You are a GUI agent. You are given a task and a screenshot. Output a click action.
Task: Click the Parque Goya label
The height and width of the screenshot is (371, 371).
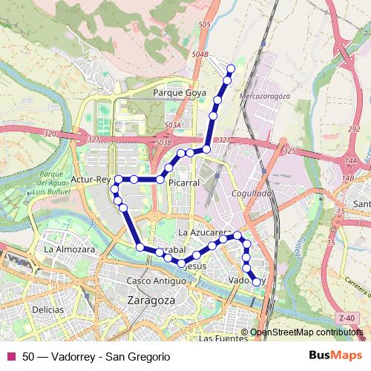(x=176, y=93)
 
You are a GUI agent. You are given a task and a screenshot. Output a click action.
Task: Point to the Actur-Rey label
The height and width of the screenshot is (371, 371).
(x=91, y=180)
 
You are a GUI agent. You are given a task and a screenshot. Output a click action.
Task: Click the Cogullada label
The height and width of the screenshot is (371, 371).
(x=254, y=193)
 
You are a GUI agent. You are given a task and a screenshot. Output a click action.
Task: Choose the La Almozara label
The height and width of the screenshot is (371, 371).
(x=69, y=250)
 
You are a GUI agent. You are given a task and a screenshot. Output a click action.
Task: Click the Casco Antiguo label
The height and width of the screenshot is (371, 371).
(x=156, y=281)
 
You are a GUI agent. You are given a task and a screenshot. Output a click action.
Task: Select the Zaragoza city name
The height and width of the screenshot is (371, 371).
(x=151, y=301)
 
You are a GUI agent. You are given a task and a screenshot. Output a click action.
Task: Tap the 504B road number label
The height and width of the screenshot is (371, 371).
(x=199, y=54)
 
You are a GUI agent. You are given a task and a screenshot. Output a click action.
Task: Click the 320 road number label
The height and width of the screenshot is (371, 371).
(x=50, y=134)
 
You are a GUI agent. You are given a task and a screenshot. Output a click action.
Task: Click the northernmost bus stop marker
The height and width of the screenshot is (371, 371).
(x=231, y=69)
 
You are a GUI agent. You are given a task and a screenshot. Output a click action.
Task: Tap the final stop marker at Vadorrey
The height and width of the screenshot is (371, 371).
(x=257, y=282)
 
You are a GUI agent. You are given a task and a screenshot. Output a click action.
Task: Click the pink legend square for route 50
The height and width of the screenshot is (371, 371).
(x=10, y=356)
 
